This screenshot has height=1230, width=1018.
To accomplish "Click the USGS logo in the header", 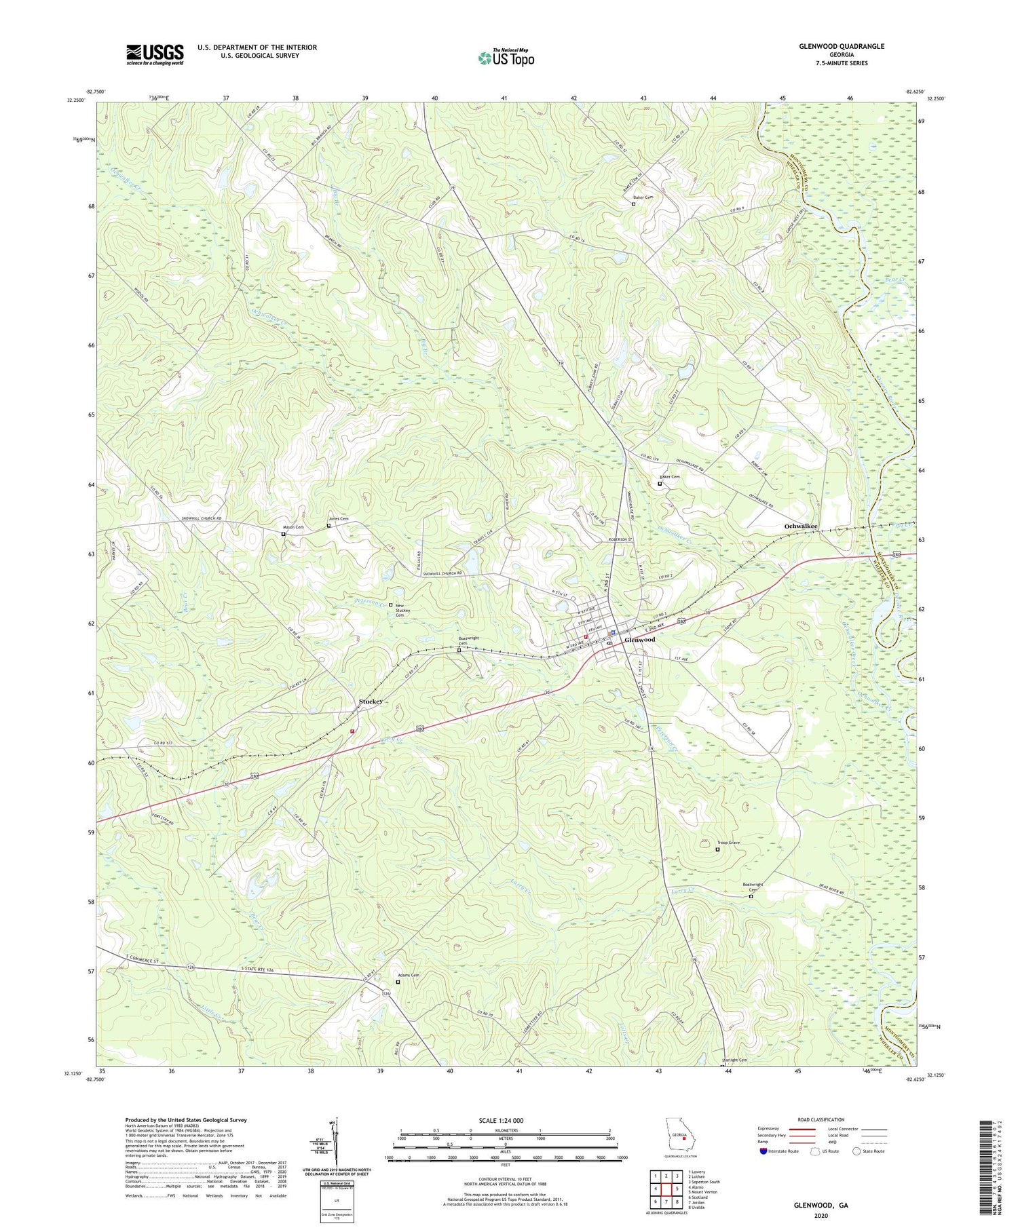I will click(155, 54).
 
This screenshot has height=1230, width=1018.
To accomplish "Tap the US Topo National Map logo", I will click(506, 58).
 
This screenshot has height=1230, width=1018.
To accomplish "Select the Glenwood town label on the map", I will click(639, 640).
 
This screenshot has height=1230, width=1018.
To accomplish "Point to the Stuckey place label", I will click(371, 701).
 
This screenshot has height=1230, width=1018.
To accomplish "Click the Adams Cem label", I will click(408, 975).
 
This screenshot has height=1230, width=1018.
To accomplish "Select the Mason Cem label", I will click(293, 527).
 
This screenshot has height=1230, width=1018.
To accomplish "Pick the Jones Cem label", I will click(338, 519).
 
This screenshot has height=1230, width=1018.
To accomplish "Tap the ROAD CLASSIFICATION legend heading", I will click(821, 1119).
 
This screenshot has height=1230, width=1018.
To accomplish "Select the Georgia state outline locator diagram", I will click(681, 1135).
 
